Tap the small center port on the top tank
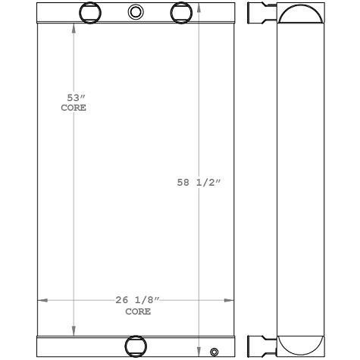tap(135, 11)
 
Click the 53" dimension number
tap(74, 98)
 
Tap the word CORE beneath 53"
tap(74, 108)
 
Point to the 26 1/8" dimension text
tap(137, 301)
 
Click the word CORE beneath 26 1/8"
tap(137, 311)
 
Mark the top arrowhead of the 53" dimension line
tap(74, 29)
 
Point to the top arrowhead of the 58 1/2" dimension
tap(199, 7)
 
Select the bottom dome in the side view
tap(300, 345)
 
